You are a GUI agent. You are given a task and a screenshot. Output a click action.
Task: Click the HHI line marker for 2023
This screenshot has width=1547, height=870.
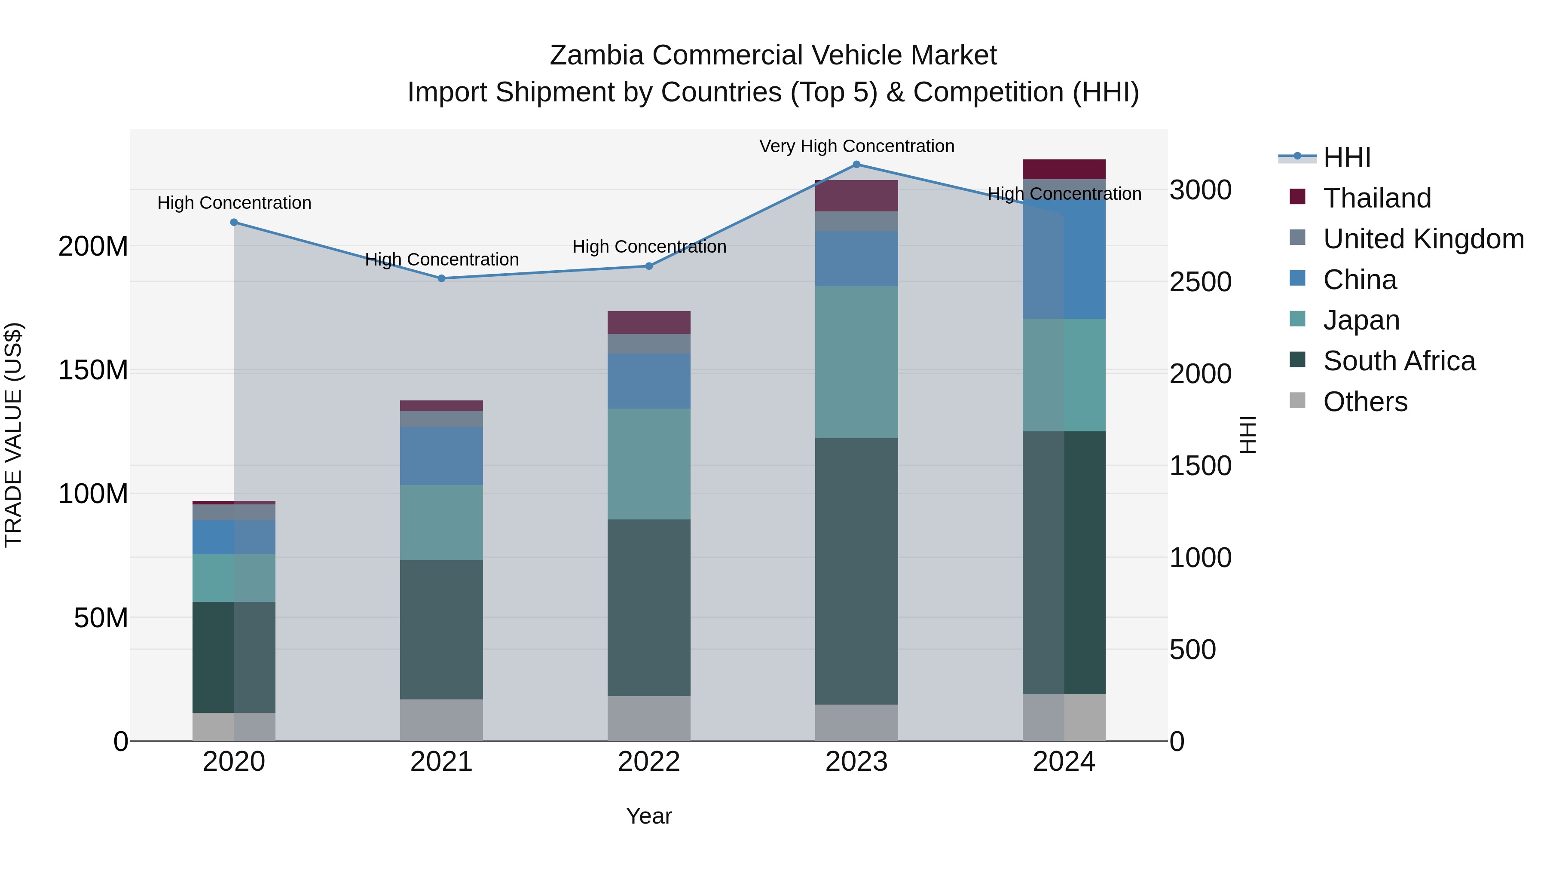[x=856, y=165]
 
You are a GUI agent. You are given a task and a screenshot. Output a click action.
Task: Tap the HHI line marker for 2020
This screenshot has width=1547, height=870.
[x=234, y=222]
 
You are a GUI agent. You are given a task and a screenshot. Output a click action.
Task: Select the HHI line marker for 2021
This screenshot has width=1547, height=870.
[x=441, y=278]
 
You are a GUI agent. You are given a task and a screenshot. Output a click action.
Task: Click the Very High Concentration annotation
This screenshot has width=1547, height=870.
[x=856, y=146]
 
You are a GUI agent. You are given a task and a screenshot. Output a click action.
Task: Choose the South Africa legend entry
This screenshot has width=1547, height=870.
[x=1399, y=361]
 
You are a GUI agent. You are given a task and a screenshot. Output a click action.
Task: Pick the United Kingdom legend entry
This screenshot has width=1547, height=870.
[x=1423, y=239]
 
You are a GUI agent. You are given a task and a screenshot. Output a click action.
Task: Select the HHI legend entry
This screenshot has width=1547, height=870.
[x=1346, y=157]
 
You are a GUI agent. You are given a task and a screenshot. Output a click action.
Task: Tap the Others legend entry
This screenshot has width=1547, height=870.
[x=1365, y=402]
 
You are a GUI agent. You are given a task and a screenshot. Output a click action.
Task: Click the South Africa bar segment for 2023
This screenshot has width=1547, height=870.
[x=856, y=571]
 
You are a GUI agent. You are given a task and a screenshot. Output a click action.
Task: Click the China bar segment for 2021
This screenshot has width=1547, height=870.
[x=441, y=456]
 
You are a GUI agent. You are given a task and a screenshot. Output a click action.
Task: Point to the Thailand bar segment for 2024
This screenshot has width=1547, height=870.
[x=1064, y=169]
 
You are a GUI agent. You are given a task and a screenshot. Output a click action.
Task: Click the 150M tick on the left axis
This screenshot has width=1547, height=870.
[x=93, y=370]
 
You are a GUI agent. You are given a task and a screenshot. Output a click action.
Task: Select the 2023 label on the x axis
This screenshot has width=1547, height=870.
[x=856, y=762]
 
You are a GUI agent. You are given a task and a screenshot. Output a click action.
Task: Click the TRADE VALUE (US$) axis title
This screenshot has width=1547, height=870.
[x=13, y=435]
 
